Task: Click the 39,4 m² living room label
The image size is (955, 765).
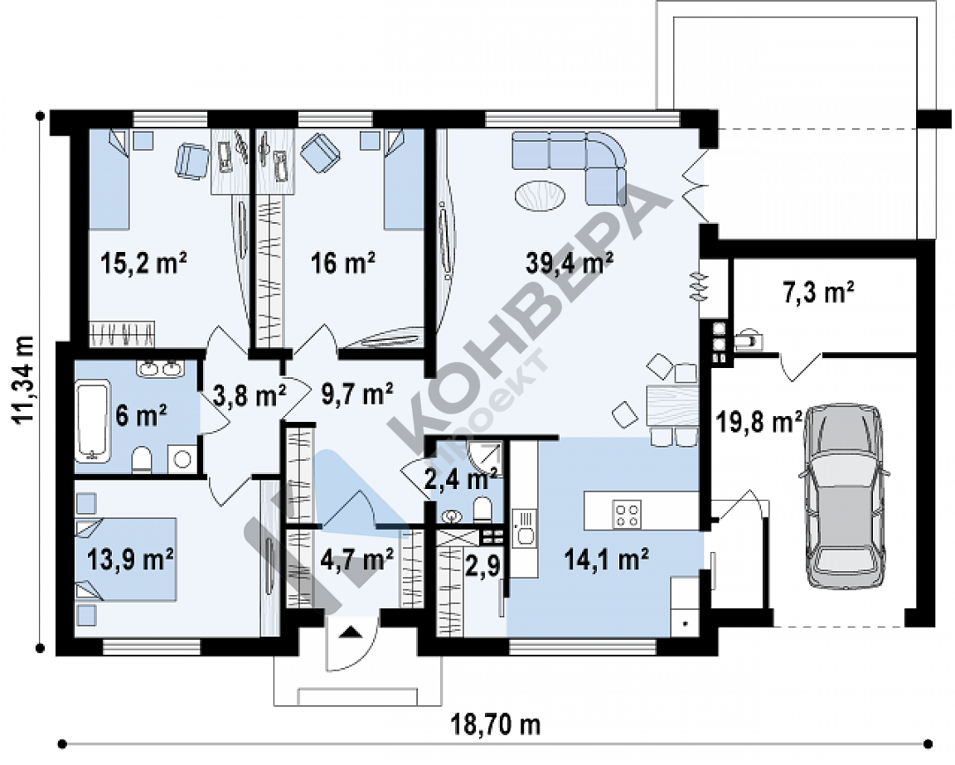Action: click(x=570, y=263)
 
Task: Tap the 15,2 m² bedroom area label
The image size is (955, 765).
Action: click(x=143, y=263)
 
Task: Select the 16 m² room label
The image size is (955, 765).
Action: click(x=343, y=263)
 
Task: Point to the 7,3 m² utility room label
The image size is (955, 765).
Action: click(x=817, y=293)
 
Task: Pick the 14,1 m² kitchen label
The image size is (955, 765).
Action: click(x=606, y=559)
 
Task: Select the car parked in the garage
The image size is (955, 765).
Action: click(x=845, y=495)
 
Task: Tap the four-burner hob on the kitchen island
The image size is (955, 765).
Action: click(x=627, y=513)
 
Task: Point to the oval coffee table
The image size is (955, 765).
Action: click(x=540, y=196)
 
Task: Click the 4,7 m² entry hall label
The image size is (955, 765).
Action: click(x=356, y=559)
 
